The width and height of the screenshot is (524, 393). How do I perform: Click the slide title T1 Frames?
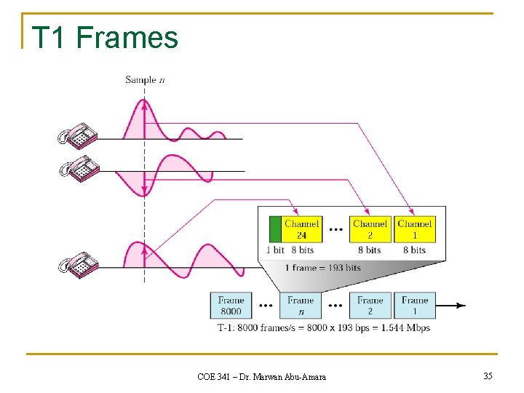click(105, 36)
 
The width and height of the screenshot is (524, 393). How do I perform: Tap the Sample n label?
click(144, 80)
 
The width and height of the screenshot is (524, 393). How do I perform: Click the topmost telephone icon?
click(78, 135)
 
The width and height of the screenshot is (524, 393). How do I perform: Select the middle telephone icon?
click(78, 169)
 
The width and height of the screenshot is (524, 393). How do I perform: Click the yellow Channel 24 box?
click(301, 229)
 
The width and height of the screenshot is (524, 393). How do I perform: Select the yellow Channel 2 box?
click(370, 229)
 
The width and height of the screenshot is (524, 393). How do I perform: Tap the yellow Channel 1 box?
click(415, 229)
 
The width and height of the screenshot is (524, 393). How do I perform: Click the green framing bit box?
click(275, 229)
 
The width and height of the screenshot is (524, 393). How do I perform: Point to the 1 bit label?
click(275, 250)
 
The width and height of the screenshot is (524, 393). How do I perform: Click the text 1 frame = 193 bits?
click(322, 268)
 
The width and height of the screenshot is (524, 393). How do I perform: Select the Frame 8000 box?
click(231, 306)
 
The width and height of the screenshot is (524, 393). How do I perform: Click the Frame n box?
click(301, 306)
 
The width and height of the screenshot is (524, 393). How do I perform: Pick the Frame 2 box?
click(370, 306)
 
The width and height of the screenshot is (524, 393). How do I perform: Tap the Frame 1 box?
click(415, 306)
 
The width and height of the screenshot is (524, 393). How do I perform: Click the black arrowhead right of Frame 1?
click(460, 306)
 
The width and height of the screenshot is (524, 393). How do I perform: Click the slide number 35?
click(488, 376)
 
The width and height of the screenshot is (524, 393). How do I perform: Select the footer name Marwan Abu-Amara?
click(290, 376)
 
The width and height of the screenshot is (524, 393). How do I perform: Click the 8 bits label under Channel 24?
click(301, 250)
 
